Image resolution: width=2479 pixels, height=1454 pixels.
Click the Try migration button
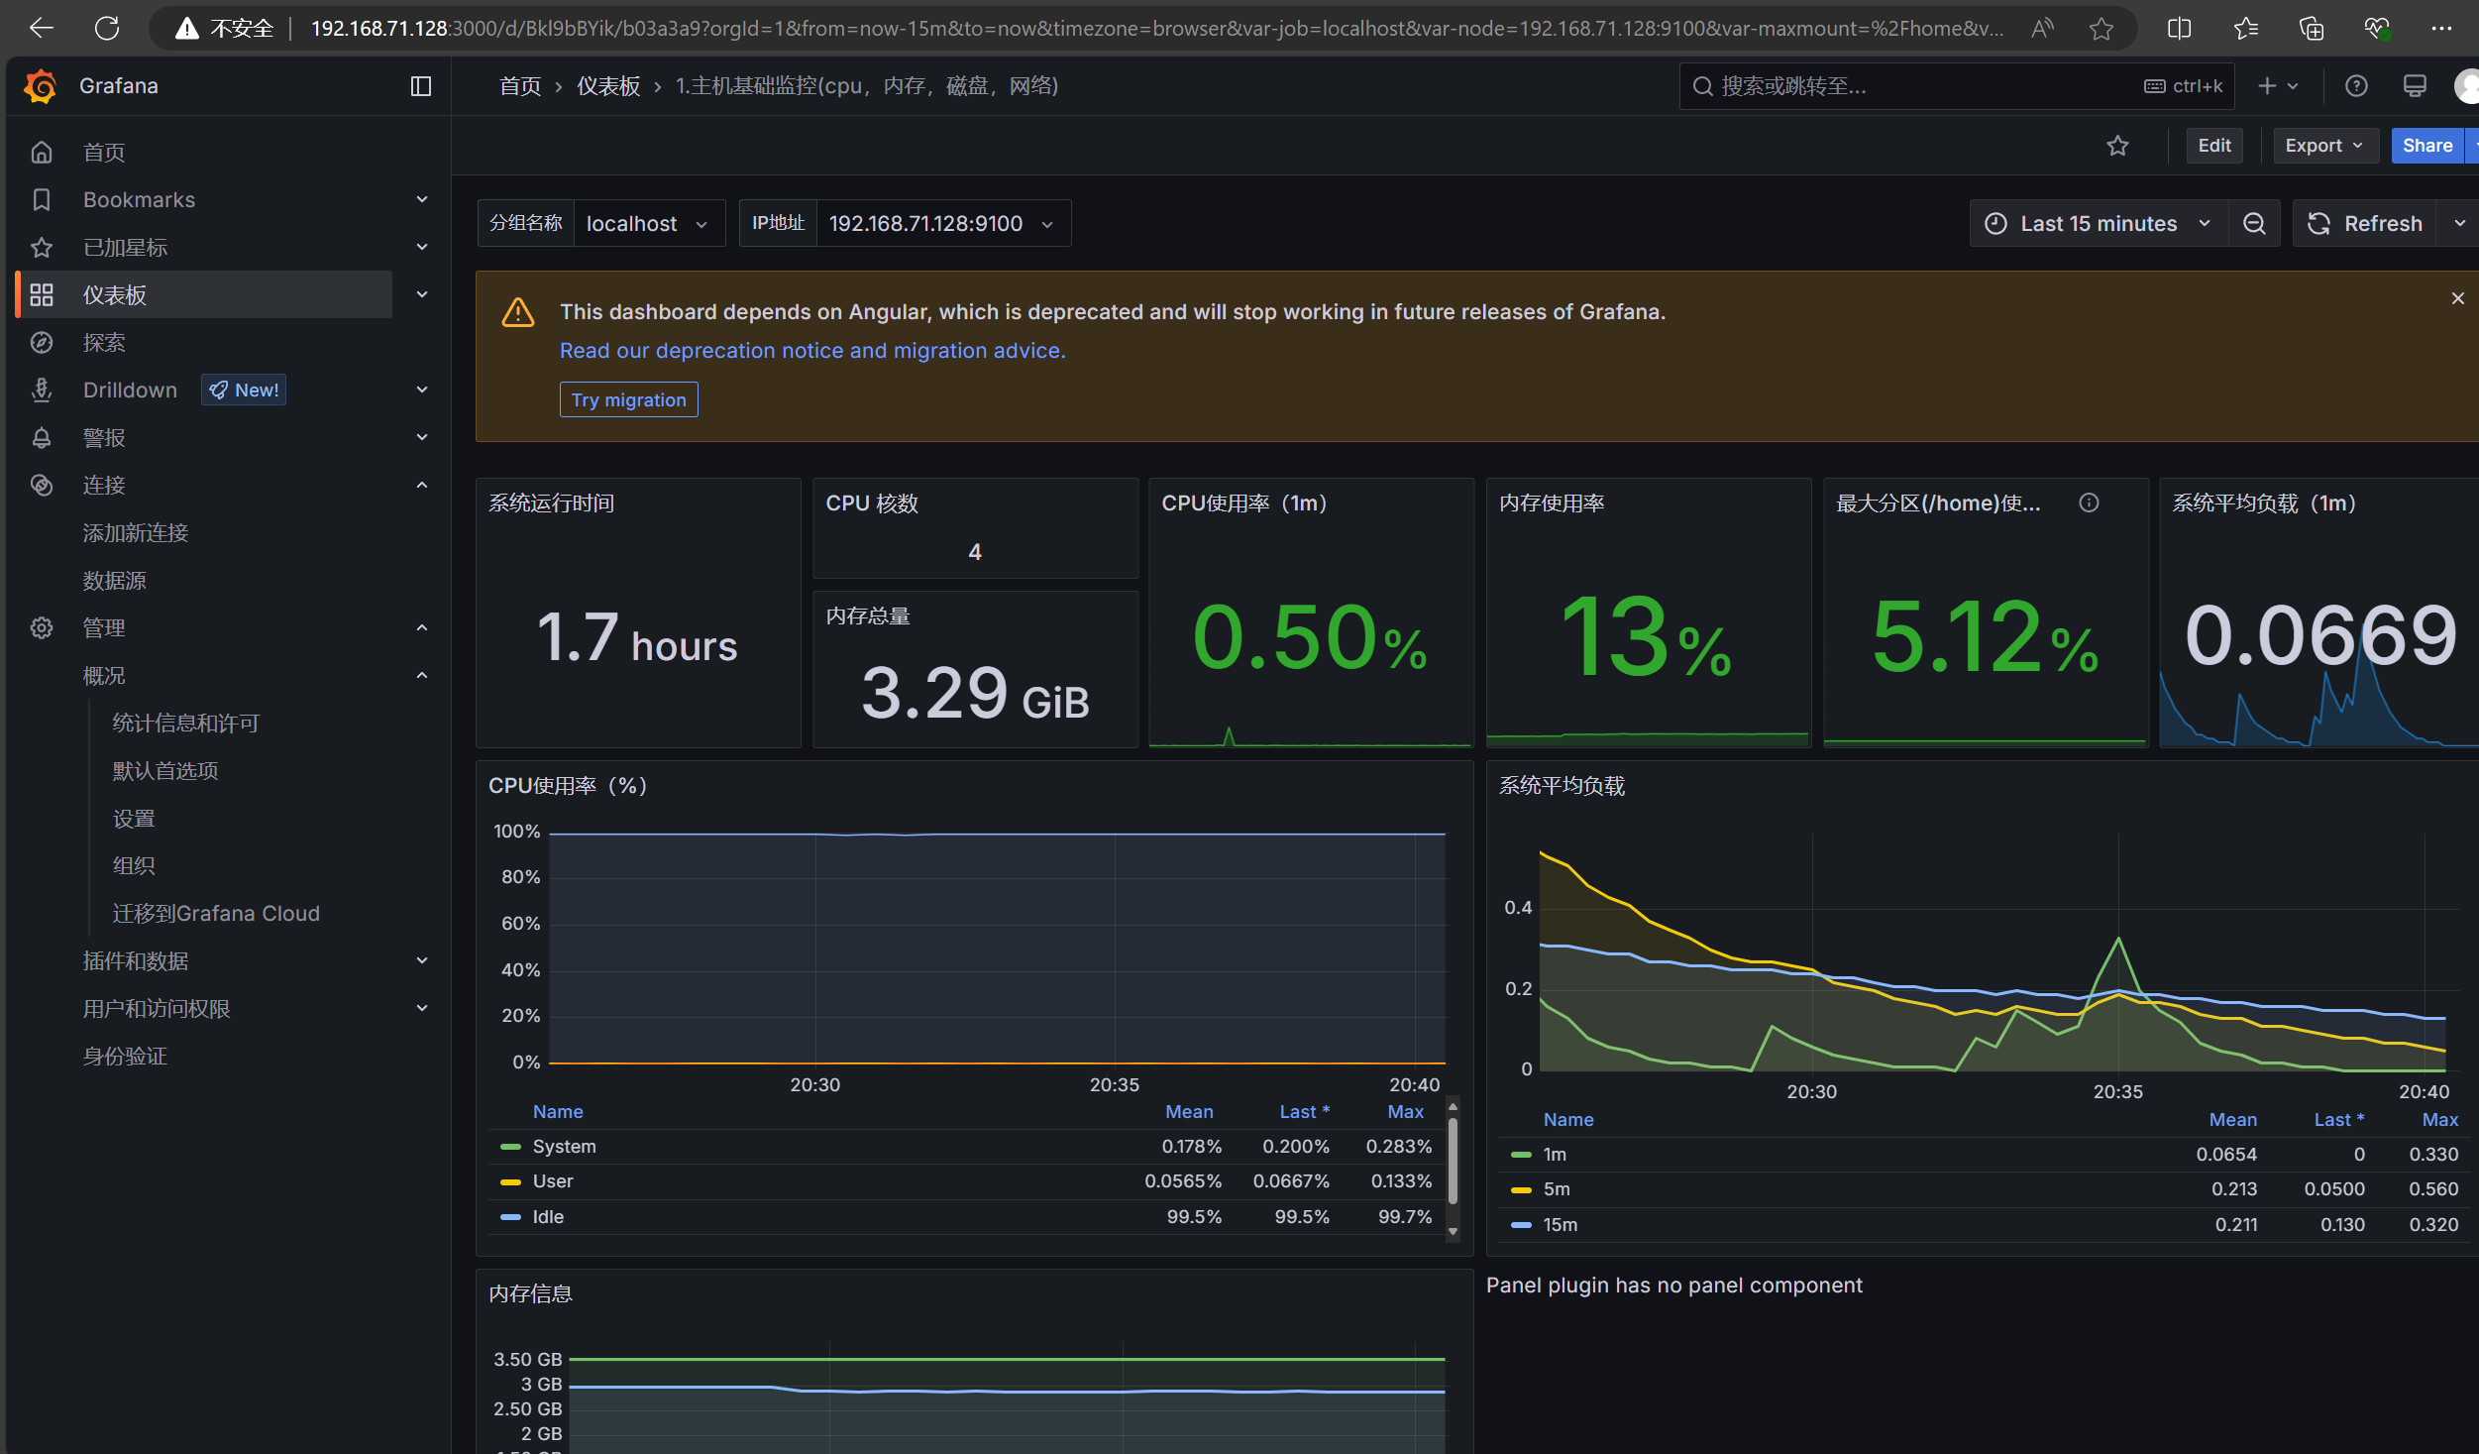pyautogui.click(x=628, y=399)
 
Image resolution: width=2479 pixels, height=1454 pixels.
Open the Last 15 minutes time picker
pyautogui.click(x=2099, y=223)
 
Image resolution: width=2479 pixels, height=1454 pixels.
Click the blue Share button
pyautogui.click(x=2427, y=146)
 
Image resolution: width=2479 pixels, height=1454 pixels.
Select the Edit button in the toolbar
pyautogui.click(x=2214, y=146)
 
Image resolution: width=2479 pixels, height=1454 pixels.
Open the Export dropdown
pyautogui.click(x=2323, y=146)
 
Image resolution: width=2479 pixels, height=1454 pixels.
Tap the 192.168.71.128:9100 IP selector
pyautogui.click(x=941, y=223)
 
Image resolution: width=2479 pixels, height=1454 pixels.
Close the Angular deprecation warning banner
pyautogui.click(x=2457, y=298)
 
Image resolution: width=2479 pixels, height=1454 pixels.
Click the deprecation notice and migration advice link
pyautogui.click(x=812, y=350)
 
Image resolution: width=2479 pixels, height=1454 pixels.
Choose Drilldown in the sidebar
pyautogui.click(x=130, y=390)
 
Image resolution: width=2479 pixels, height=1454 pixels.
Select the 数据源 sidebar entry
pyautogui.click(x=114, y=581)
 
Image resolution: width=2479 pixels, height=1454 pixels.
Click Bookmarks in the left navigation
pyautogui.click(x=139, y=199)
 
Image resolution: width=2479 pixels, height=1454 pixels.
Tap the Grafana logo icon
pyautogui.click(x=41, y=86)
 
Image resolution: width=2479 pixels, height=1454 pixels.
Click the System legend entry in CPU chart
pyautogui.click(x=564, y=1146)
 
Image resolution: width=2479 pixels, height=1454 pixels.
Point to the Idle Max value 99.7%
pyautogui.click(x=1405, y=1216)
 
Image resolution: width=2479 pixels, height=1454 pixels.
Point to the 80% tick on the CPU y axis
pyautogui.click(x=520, y=876)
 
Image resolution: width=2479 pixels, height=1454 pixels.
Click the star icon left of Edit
pyautogui.click(x=2117, y=146)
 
